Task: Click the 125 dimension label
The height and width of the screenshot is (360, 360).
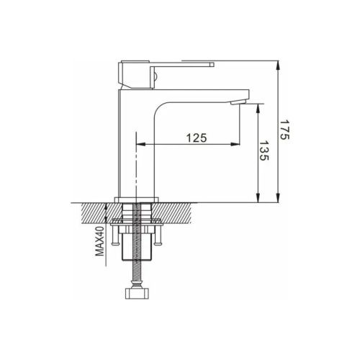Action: [x=197, y=138]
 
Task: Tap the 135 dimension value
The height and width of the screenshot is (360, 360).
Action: [x=264, y=150]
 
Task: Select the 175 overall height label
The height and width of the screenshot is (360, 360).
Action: [x=285, y=130]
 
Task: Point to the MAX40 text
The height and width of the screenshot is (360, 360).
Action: [x=100, y=241]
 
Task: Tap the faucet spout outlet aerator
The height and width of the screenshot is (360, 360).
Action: [x=238, y=102]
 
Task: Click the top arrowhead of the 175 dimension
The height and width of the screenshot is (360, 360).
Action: [x=278, y=66]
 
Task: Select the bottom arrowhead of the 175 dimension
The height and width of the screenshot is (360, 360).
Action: [x=278, y=198]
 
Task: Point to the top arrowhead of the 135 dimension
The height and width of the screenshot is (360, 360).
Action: [x=258, y=109]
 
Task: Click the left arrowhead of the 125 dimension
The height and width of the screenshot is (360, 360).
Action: [x=141, y=144]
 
